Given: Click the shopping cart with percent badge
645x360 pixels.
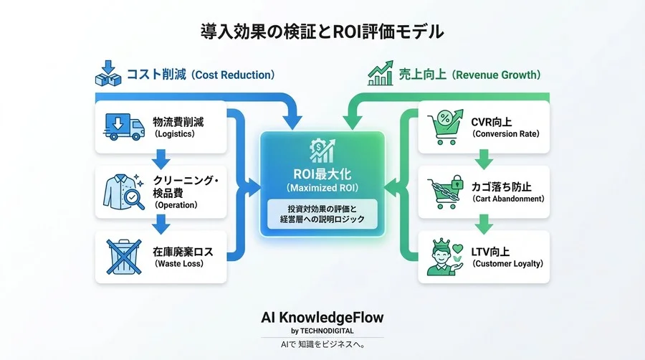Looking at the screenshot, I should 441,127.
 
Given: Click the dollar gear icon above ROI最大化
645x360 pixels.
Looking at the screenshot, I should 322,151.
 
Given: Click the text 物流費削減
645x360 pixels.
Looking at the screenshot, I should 178,121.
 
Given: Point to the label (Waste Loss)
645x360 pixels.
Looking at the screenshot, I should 179,263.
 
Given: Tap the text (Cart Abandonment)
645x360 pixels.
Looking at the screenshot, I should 507,199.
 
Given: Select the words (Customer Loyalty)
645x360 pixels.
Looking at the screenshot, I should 507,263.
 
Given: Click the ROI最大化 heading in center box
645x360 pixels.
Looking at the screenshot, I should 322,174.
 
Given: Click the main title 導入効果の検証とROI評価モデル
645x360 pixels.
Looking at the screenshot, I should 322,32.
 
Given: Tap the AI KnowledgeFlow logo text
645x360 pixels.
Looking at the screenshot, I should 322,316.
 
